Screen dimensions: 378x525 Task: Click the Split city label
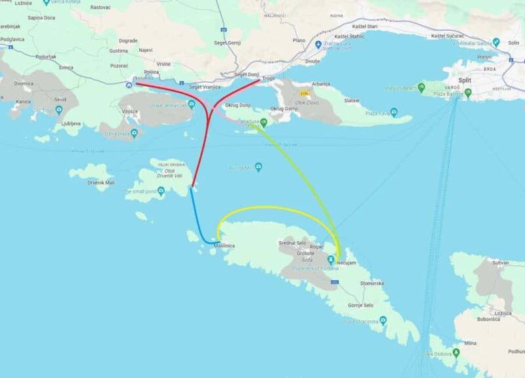[x=465, y=80]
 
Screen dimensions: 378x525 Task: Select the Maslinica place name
[x=224, y=245]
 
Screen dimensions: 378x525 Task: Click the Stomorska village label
[x=371, y=283]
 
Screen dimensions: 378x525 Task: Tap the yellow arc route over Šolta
[x=276, y=209]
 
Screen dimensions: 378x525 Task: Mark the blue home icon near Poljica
[x=129, y=84]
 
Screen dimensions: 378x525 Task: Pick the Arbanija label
[x=321, y=84]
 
